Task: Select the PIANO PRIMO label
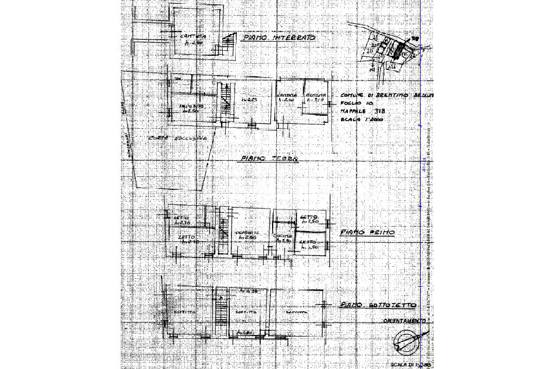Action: pyautogui.click(x=367, y=233)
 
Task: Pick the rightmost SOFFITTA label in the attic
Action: pyautogui.click(x=296, y=313)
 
